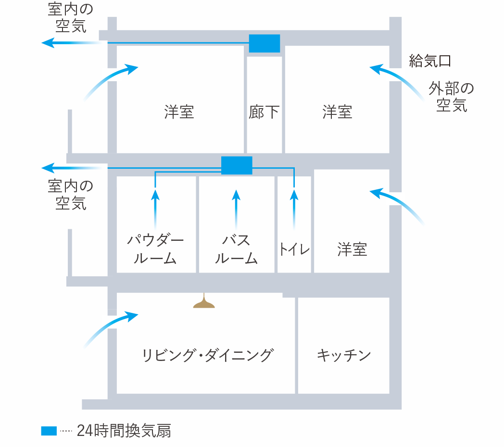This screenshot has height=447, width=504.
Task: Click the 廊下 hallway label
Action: point(264,112)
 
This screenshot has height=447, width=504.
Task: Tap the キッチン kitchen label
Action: point(343,355)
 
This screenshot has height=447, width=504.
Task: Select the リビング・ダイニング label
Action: point(208,355)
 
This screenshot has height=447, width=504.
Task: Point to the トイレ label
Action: point(294,249)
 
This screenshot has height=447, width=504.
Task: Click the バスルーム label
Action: point(236,249)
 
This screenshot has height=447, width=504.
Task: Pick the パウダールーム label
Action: point(155,249)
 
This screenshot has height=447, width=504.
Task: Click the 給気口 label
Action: point(429,61)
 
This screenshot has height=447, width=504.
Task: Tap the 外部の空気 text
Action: point(451,97)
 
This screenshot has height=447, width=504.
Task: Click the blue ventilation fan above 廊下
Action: point(265,43)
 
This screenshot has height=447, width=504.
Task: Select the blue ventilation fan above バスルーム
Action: point(237,165)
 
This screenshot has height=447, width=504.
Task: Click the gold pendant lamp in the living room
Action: point(204,302)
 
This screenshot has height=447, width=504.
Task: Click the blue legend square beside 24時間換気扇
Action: point(49,431)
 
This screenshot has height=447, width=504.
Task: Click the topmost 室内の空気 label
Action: point(71,17)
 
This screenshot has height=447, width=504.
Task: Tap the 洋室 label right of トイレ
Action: point(352,249)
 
